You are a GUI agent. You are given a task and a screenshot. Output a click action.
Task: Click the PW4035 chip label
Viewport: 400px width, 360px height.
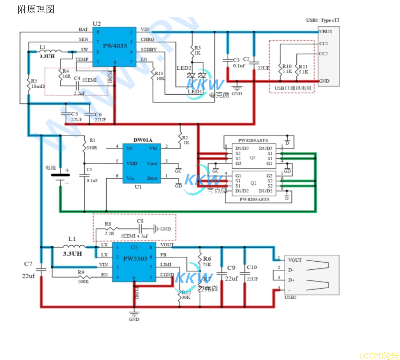115,46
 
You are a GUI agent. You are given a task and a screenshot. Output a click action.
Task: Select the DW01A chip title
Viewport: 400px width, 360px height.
143,140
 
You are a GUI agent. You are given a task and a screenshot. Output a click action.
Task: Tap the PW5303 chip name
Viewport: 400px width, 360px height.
135,259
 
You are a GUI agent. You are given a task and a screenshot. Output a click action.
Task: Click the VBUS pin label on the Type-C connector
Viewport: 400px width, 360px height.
325,32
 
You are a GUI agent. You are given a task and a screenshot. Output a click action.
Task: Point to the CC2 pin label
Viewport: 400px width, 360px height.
323,54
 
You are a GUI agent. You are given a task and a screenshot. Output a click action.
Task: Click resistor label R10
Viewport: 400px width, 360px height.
287,67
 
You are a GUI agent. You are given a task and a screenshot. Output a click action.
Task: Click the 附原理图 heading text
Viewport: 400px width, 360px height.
36,9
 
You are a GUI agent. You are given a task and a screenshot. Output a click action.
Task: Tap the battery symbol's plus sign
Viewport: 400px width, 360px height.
67,170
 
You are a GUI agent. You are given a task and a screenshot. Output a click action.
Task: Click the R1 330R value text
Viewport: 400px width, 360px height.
92,148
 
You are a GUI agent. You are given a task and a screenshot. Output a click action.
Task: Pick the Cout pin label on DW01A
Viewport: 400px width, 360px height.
152,164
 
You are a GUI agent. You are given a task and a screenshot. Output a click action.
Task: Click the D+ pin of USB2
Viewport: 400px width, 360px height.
291,280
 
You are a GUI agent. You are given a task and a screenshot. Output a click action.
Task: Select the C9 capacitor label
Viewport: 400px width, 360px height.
231,268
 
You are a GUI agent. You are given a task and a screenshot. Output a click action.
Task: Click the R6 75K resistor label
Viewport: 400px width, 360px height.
207,259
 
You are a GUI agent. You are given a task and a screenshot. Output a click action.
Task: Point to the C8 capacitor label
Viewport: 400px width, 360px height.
140,221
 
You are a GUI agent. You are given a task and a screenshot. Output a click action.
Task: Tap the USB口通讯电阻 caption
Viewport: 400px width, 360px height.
293,88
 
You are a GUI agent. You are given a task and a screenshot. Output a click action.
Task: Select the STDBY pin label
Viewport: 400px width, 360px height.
148,50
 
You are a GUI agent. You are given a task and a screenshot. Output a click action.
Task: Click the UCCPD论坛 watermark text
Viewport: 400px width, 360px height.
379,356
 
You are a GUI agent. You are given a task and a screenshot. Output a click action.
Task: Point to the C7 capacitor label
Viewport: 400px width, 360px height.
28,264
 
